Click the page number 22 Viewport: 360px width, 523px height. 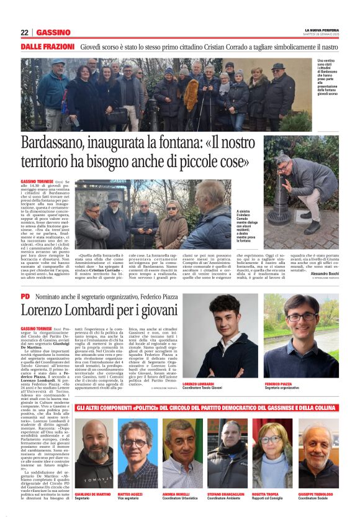(x=24, y=32)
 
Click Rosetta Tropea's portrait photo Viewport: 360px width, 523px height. (x=271, y=445)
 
